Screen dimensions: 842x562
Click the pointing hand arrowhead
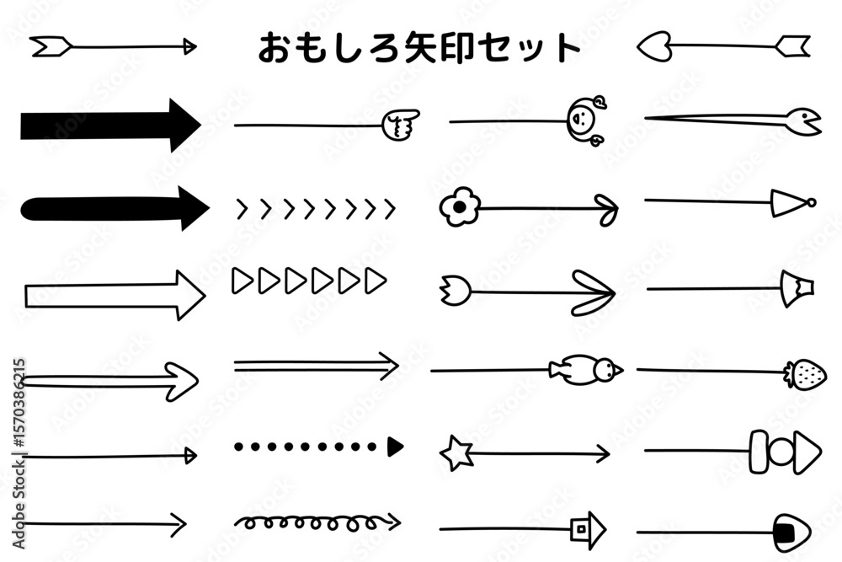pos(401,125)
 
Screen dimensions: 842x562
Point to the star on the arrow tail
pos(456,453)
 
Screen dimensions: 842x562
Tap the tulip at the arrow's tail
pos(456,291)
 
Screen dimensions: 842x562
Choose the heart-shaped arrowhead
pos(654,46)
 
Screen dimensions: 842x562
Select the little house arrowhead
pos(588,530)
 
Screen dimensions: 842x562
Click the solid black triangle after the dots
pos(395,447)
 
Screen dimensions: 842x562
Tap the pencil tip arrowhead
pos(797,288)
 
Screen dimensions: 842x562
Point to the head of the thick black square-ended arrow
pos(185,126)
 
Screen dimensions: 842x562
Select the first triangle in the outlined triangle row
pos(242,281)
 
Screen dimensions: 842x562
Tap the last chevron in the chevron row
pos(390,208)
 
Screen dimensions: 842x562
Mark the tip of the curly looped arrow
pos(400,522)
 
